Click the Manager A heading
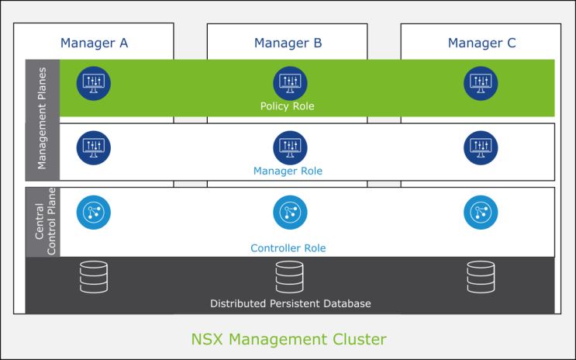(x=94, y=43)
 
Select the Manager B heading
(x=288, y=43)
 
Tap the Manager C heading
(x=481, y=43)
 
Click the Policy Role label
(x=288, y=106)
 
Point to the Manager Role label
(x=288, y=171)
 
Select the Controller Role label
(x=288, y=248)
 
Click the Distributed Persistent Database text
(x=291, y=303)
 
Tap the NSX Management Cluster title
(x=288, y=339)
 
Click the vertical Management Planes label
(x=42, y=118)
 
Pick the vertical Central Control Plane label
(x=42, y=222)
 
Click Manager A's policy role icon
(x=94, y=82)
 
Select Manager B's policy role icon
(x=290, y=82)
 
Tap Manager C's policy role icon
(x=481, y=82)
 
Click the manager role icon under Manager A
(x=94, y=147)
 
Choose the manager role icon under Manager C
(x=481, y=147)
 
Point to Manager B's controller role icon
(x=290, y=212)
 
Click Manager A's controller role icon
(x=94, y=212)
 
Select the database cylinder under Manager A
(x=94, y=277)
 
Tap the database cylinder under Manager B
(x=290, y=277)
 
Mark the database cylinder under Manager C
(x=481, y=277)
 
